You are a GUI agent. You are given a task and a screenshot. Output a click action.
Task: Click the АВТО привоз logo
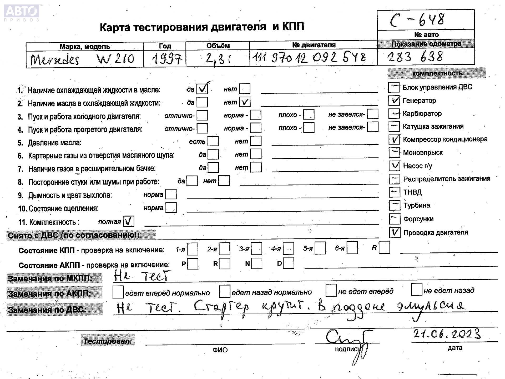point(22,13)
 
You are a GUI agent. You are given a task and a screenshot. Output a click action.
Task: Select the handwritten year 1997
point(166,59)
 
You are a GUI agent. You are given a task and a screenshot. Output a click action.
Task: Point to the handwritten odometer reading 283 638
point(415,57)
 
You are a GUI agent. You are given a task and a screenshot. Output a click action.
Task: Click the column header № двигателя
point(314,45)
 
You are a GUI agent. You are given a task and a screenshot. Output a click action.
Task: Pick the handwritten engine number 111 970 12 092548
point(309,58)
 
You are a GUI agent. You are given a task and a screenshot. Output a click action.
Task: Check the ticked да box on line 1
point(202,89)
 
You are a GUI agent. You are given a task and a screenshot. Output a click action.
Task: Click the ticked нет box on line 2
point(245,102)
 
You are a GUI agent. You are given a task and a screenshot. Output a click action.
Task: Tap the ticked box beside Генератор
point(394,100)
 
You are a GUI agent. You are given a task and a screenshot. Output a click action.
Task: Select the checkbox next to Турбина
point(394,205)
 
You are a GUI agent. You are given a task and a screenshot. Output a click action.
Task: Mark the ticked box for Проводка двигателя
point(395,232)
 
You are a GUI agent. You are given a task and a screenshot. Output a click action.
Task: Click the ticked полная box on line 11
point(129,221)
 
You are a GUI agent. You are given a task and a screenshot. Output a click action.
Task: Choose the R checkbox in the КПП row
point(384,247)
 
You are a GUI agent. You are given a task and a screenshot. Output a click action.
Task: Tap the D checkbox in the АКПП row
point(289,263)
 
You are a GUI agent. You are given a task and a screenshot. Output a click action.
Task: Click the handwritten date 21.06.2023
point(447,334)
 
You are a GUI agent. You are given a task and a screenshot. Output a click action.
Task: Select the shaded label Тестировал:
point(108,341)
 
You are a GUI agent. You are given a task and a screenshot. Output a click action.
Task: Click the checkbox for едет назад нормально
point(224,291)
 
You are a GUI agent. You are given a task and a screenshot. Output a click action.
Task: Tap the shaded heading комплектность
point(437,73)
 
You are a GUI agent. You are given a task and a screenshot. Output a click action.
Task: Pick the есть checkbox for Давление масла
point(213,141)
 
